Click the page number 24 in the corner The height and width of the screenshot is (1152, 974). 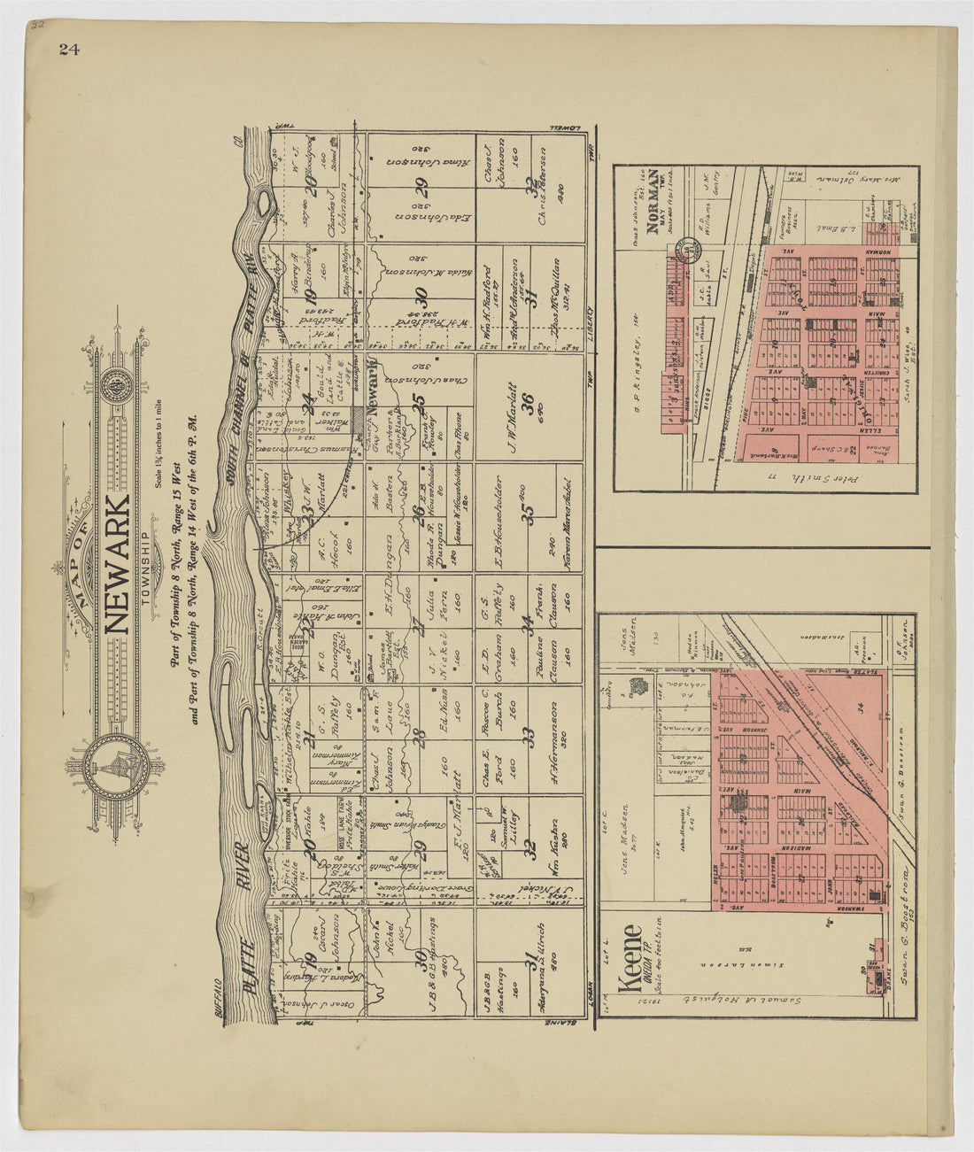click(x=69, y=50)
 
